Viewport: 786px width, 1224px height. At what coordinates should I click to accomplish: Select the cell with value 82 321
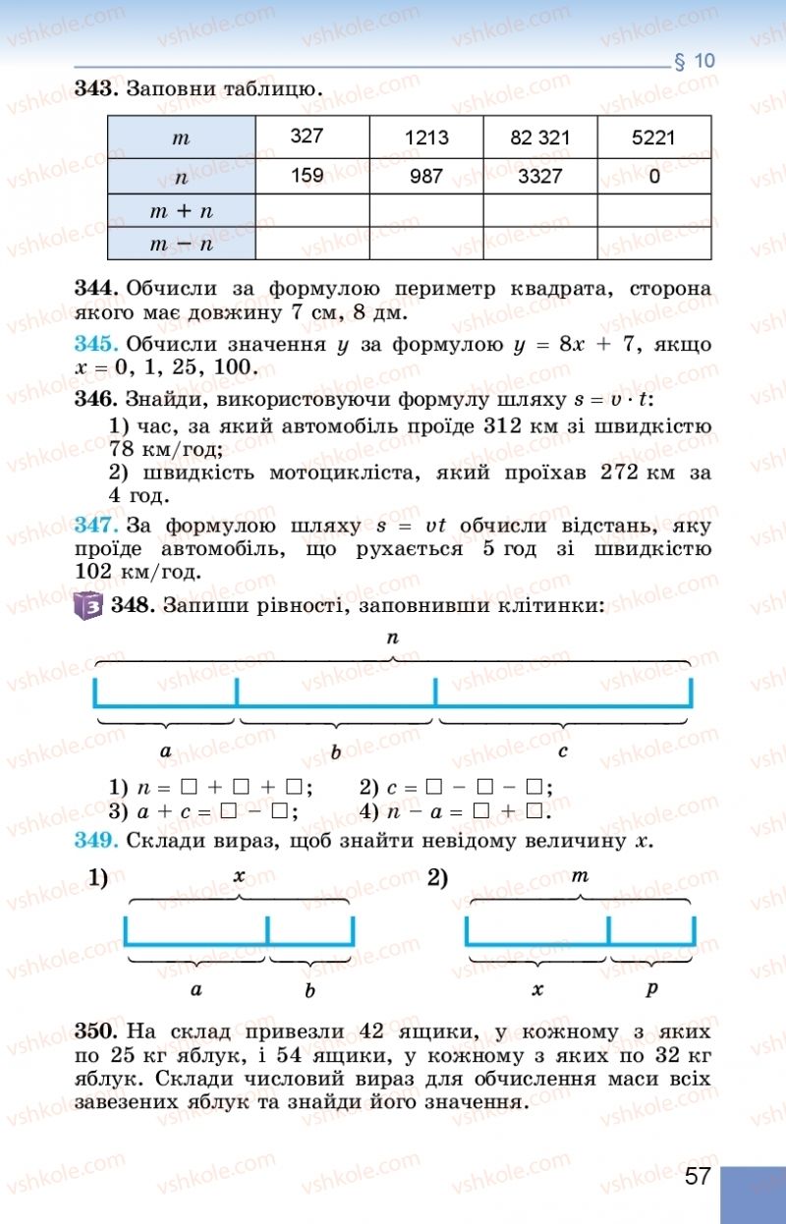coord(539,138)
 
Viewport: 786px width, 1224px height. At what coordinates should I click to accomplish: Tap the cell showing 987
coord(424,177)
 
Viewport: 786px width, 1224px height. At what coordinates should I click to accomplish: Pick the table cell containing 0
coord(654,178)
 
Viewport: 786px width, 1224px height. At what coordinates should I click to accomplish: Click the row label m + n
coord(181,211)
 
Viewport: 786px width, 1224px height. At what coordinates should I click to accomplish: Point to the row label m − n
coord(181,244)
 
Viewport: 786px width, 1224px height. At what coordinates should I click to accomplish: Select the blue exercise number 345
coord(95,345)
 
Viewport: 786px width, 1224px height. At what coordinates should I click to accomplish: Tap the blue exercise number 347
coord(95,525)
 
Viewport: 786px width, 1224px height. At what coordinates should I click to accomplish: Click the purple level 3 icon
coord(89,606)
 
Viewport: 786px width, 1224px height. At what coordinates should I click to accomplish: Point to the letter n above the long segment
coord(393,638)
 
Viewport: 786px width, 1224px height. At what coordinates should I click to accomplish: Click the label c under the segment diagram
coord(563,751)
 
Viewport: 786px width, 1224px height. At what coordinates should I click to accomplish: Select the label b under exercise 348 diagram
coord(336,753)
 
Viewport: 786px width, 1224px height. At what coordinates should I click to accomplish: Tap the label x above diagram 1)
coord(239,875)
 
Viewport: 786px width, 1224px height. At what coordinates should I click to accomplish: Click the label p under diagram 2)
coord(651,989)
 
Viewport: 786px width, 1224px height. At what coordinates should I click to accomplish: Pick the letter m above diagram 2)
coord(580,874)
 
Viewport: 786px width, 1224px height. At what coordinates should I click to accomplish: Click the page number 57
coord(698,1177)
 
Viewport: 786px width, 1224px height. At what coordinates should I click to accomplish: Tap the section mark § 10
coord(695,61)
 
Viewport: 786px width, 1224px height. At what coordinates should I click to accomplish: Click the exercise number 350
coord(95,1032)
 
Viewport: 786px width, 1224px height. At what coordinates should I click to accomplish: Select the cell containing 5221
coord(654,138)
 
